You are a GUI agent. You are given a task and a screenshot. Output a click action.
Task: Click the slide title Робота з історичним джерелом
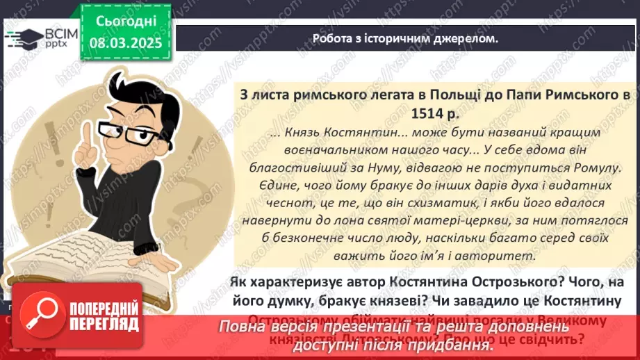(x=405, y=39)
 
